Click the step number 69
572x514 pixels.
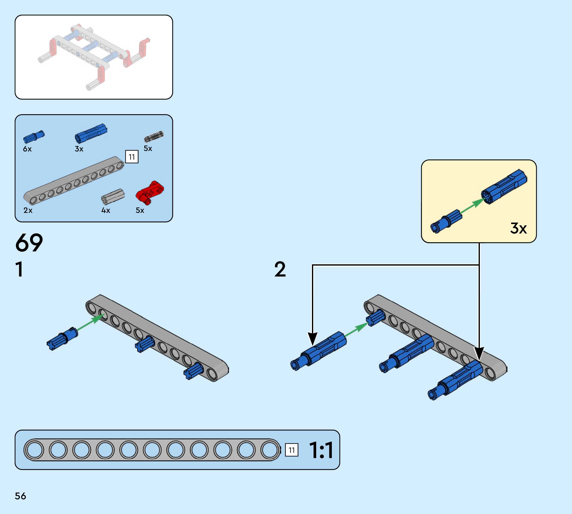[29, 243]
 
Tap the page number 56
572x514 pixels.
[20, 496]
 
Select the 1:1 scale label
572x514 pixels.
[321, 450]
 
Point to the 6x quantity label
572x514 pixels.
[27, 149]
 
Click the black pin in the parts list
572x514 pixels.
[154, 137]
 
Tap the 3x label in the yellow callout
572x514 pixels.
[518, 228]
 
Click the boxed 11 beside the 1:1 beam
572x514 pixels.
[291, 450]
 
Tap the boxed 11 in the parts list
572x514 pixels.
[132, 157]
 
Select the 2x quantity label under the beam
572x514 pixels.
[28, 210]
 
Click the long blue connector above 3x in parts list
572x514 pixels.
[91, 133]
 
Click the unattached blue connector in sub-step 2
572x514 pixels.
[319, 350]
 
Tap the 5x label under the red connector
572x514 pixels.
[140, 210]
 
